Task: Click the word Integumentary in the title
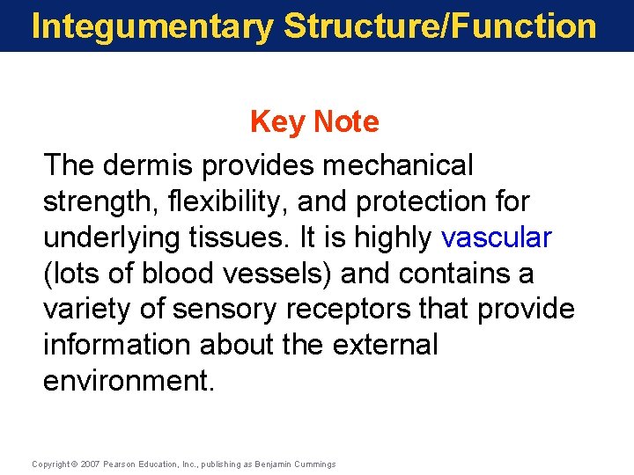click(151, 26)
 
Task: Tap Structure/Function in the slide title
click(440, 26)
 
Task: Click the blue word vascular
click(497, 237)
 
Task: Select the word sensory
click(219, 310)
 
